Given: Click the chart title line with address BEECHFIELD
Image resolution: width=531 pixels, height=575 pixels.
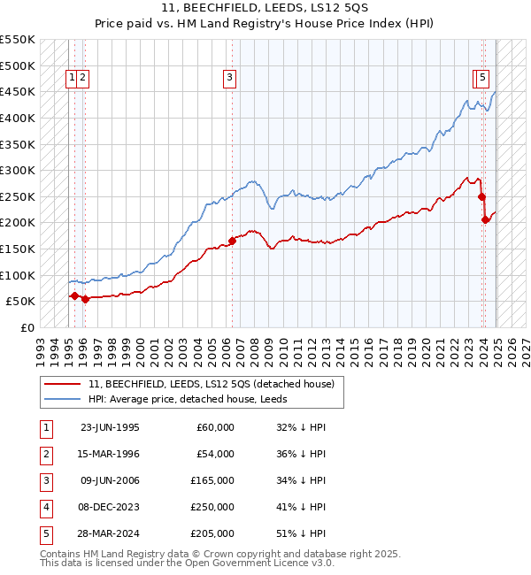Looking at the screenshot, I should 265,9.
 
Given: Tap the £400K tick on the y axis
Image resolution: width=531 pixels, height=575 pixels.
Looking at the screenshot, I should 18,118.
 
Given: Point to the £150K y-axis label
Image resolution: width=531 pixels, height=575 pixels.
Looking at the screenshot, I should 18,249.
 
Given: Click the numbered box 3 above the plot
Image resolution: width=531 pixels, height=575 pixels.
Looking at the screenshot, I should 229,78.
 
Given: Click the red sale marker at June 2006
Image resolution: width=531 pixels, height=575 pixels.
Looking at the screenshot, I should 232,240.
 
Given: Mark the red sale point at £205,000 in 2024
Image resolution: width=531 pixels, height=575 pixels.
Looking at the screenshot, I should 485,219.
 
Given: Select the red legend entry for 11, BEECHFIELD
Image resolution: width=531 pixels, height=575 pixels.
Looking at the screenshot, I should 211,384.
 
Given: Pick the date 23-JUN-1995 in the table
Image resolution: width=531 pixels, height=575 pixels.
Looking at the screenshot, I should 110,427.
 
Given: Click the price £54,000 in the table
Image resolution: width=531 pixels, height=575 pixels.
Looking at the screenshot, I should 216,454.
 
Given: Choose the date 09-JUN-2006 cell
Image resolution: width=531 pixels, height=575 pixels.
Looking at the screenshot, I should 110,480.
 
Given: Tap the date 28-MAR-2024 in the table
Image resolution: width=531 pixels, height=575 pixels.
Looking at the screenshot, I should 110,533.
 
